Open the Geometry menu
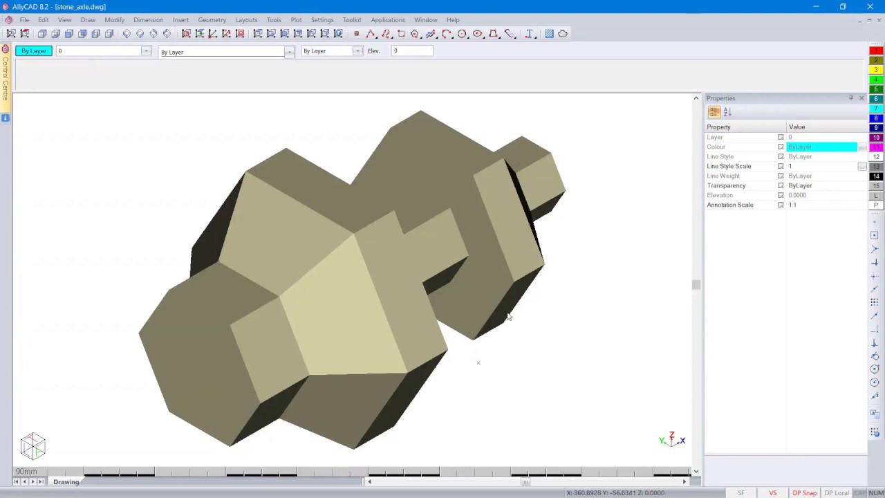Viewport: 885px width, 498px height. pyautogui.click(x=212, y=20)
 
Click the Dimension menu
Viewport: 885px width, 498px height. pyautogui.click(x=148, y=20)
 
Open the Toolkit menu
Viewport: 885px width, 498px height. pyautogui.click(x=351, y=20)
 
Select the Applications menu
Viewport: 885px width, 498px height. pyautogui.click(x=387, y=20)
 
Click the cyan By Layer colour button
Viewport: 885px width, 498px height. pyautogui.click(x=34, y=51)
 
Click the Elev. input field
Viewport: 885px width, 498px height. pyautogui.click(x=412, y=50)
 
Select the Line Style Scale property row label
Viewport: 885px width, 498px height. pyautogui.click(x=729, y=166)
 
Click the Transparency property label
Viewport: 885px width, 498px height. pyautogui.click(x=726, y=185)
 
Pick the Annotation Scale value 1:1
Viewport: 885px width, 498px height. pyautogui.click(x=792, y=205)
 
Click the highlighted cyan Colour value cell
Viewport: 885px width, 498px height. pyautogui.click(x=821, y=147)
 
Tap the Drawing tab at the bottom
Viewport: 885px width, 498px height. pyautogui.click(x=66, y=482)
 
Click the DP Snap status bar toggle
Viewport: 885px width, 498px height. pyautogui.click(x=804, y=493)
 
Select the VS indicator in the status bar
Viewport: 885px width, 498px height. pyautogui.click(x=772, y=493)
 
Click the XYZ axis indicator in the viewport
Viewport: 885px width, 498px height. pyautogui.click(x=671, y=440)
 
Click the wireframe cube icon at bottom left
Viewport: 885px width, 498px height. pyautogui.click(x=32, y=446)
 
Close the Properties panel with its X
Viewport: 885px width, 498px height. pyautogui.click(x=861, y=98)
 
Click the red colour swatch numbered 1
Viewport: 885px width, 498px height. pyautogui.click(x=876, y=50)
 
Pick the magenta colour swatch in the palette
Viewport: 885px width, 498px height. pyautogui.click(x=876, y=147)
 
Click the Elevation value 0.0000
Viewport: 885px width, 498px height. pyautogui.click(x=797, y=195)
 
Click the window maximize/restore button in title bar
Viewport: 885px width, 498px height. pyautogui.click(x=843, y=7)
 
